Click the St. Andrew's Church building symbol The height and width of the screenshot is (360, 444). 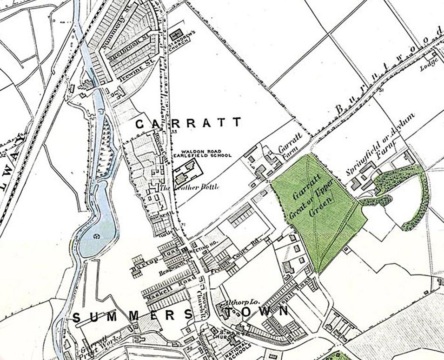click(x=176, y=35)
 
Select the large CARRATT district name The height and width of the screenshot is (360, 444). click(x=188, y=123)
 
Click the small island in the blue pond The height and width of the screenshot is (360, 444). click(x=97, y=236)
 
